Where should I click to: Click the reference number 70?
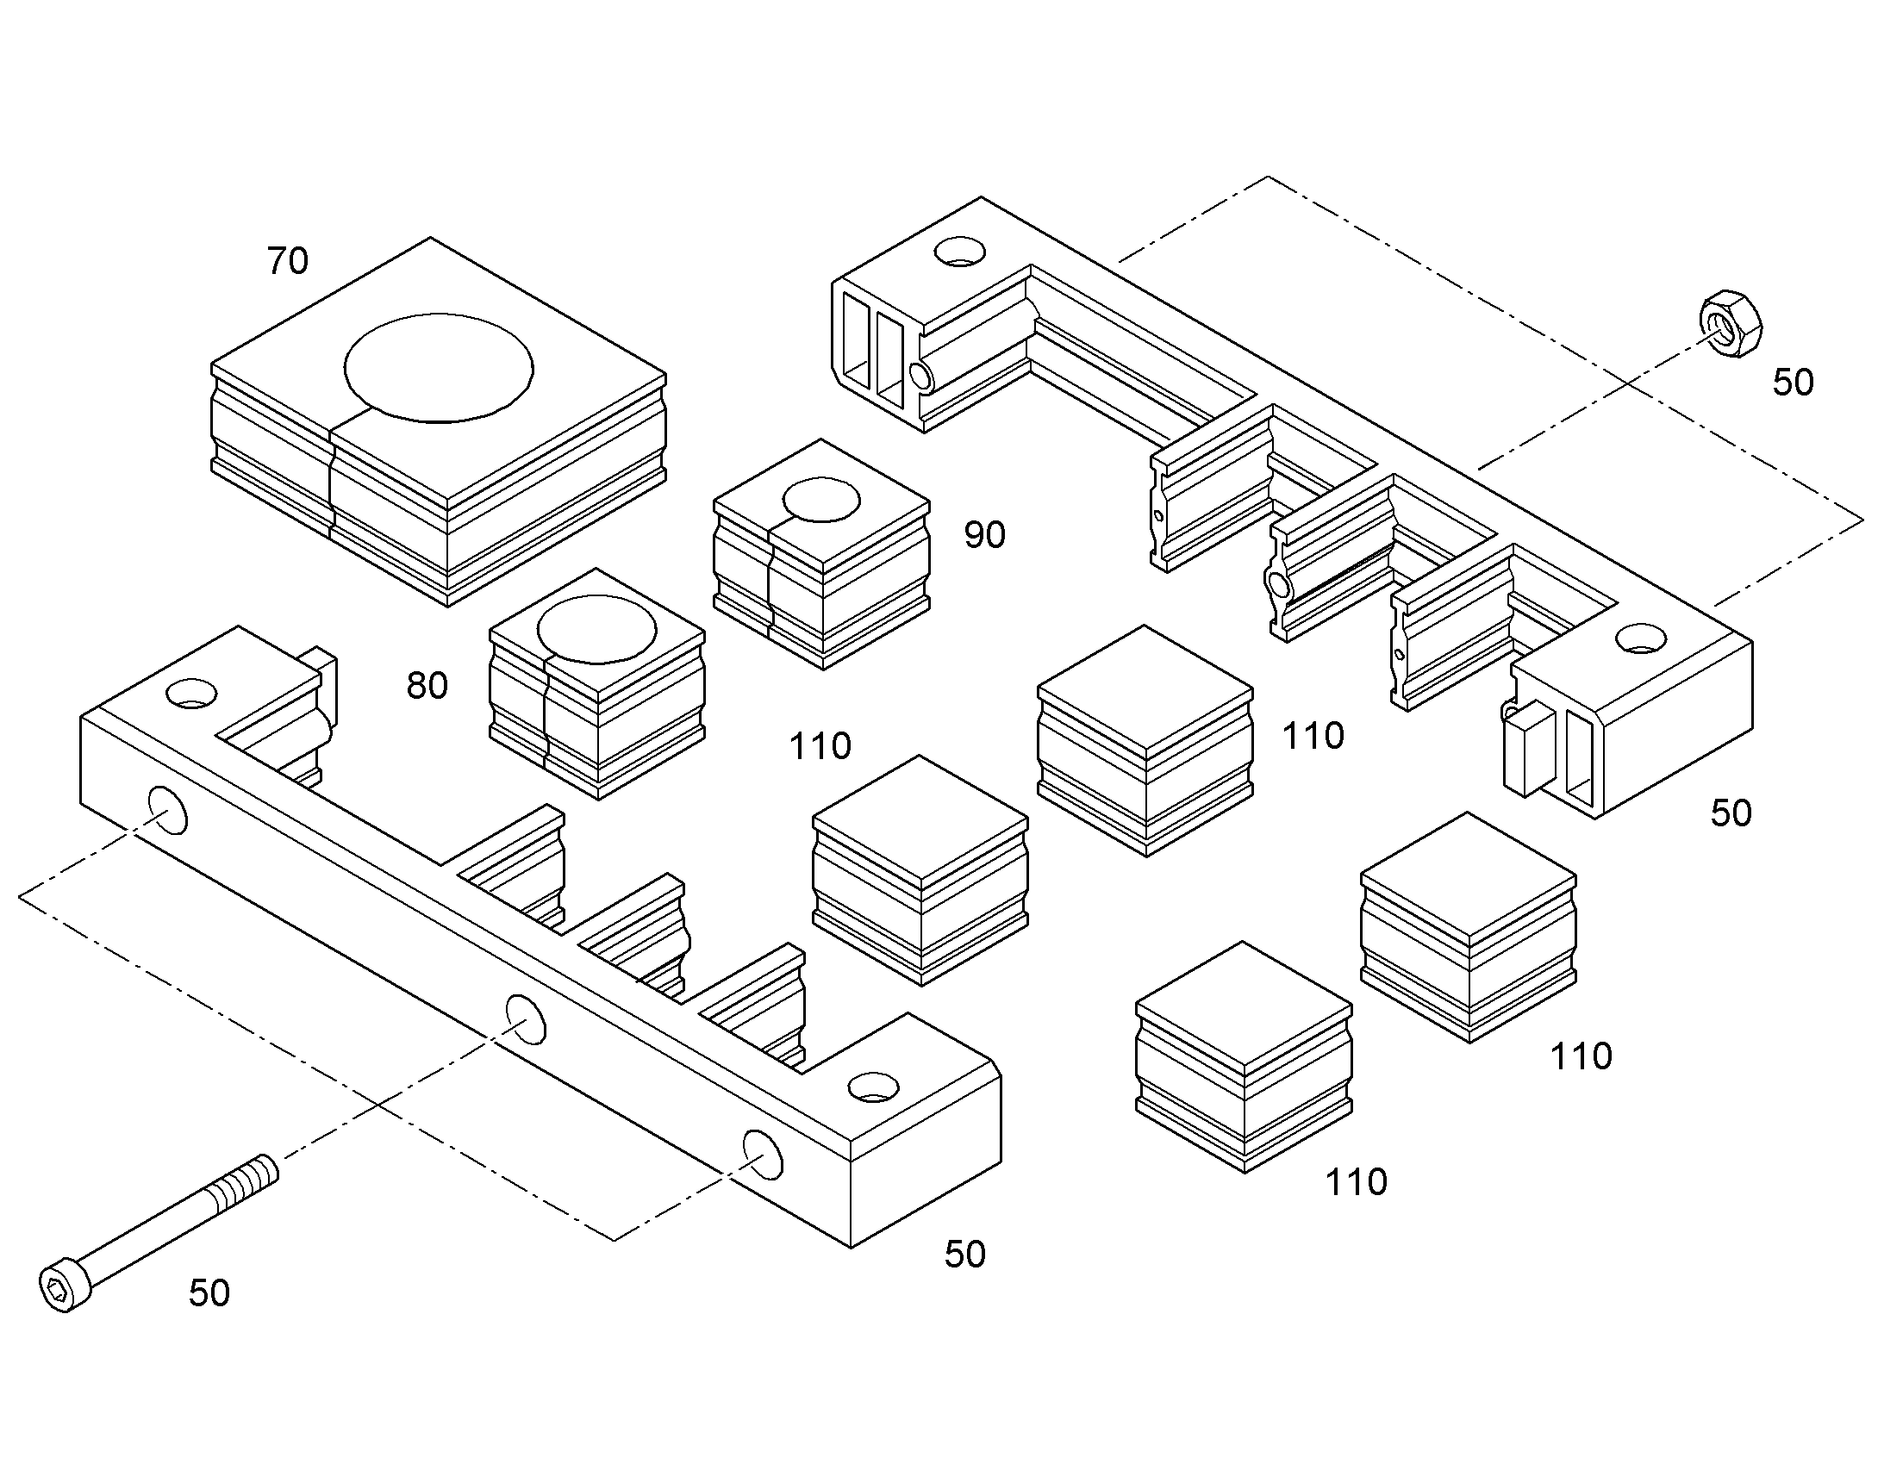coord(288,261)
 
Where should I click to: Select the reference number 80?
coord(427,686)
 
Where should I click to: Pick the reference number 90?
coord(985,536)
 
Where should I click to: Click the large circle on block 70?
coord(439,368)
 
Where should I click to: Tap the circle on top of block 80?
coord(596,629)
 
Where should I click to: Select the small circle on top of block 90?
coord(821,501)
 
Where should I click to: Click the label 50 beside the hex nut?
coord(1794,383)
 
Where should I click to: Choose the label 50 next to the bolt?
coord(209,1293)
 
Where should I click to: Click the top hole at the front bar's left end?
coord(192,693)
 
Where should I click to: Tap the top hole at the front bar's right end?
coord(874,1087)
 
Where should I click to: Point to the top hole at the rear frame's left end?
coord(960,251)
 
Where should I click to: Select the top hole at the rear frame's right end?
coord(1641,638)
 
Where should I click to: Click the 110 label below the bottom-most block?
coord(1357,1182)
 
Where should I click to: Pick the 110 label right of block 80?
coord(820,746)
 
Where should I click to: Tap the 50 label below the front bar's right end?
coord(965,1255)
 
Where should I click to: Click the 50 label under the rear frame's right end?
coord(1731,813)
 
